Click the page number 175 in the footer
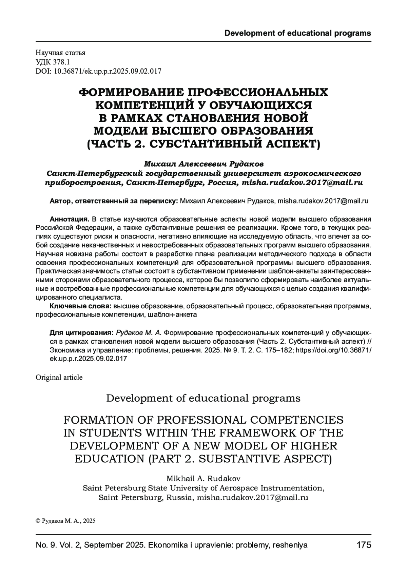pos(364,545)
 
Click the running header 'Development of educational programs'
pos(298,33)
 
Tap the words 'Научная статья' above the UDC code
pos(60,53)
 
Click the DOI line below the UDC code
pos(98,71)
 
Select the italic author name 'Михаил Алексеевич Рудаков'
pos(203,164)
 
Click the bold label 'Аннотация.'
pos(69,218)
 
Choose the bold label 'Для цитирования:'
pos(81,332)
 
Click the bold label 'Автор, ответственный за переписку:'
pos(114,201)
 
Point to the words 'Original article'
pos(59,377)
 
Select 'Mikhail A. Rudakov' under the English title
pos(203,479)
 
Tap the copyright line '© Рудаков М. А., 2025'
pos(65,521)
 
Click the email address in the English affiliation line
pos(252,498)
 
